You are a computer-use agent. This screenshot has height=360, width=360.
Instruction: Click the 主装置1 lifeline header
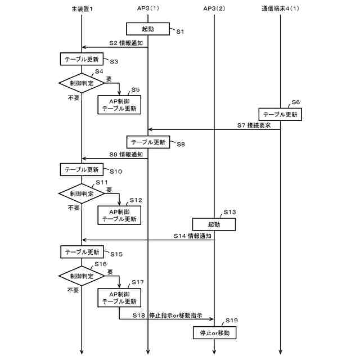(82, 9)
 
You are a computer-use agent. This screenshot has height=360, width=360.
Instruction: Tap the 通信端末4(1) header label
(280, 9)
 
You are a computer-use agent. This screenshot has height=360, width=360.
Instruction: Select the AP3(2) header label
(214, 9)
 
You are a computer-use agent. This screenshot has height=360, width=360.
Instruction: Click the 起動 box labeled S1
(147, 28)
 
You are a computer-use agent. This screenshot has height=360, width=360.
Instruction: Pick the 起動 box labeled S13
(214, 224)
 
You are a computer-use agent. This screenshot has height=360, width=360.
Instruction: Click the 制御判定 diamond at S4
(82, 83)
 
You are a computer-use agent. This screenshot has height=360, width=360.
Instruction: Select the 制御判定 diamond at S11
(82, 193)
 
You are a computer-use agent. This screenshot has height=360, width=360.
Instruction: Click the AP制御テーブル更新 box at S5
(119, 105)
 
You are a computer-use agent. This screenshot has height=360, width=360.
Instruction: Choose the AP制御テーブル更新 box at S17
(119, 298)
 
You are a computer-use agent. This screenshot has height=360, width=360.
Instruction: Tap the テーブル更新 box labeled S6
(281, 114)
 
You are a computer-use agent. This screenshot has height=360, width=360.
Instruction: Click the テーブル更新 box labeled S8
(147, 142)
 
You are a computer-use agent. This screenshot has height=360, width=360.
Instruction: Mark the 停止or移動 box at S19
(214, 333)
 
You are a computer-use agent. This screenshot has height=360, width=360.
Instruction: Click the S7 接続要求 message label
(255, 124)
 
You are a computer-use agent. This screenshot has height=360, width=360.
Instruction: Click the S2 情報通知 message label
(125, 43)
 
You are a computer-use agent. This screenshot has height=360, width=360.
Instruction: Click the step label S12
(136, 200)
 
